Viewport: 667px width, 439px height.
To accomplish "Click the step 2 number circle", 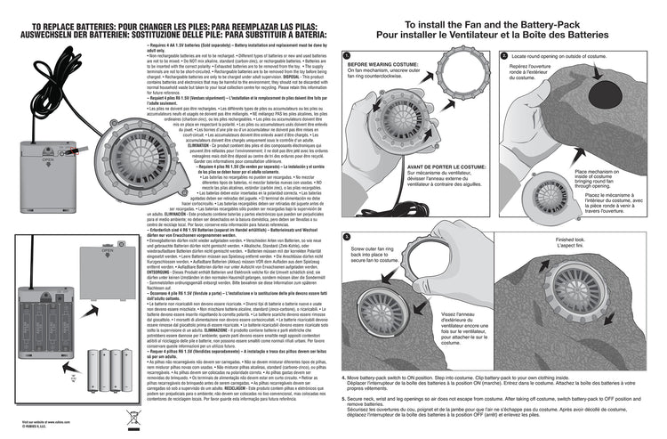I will pyautogui.click(x=503, y=55).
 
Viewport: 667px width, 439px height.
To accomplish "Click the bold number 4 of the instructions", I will pyautogui.click(x=345, y=379).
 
